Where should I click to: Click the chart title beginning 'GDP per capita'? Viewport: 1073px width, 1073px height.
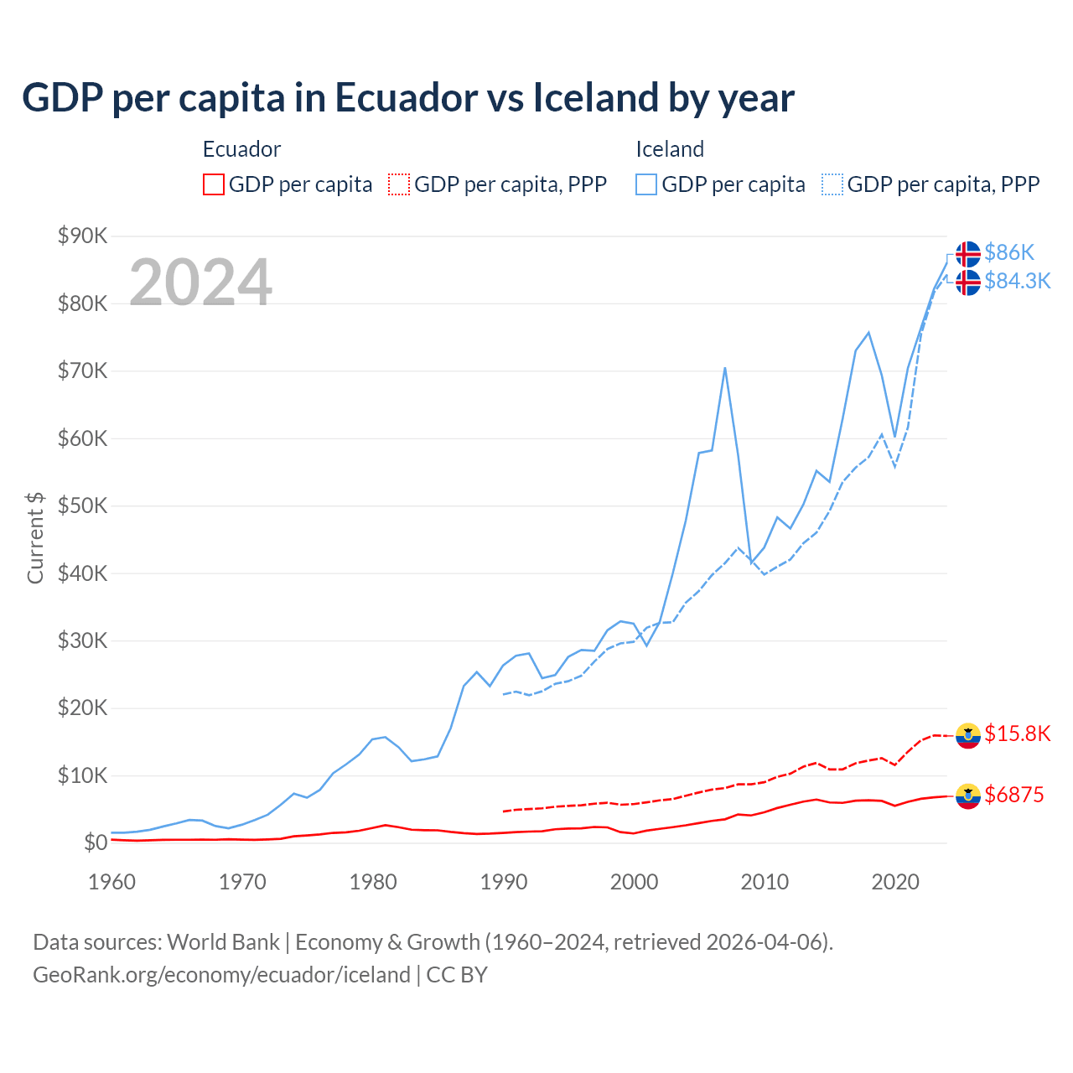coord(407,98)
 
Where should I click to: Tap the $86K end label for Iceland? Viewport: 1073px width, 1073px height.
coord(1009,252)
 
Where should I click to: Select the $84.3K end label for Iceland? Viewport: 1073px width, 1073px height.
coord(1017,281)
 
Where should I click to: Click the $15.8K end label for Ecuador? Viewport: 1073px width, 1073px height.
coord(1017,734)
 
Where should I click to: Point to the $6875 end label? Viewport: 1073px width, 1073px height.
coord(1013,795)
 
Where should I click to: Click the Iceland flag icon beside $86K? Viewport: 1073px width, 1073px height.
coord(968,253)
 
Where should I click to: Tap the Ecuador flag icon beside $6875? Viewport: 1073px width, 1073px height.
coord(968,796)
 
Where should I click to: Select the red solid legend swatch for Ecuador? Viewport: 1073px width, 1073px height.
coord(214,184)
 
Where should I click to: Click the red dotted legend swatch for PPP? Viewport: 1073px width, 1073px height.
coord(399,184)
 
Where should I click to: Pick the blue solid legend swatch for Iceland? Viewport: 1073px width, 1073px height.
coord(646,184)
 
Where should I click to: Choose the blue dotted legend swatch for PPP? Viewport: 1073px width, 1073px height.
coord(832,184)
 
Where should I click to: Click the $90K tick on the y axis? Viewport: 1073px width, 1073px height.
coord(82,236)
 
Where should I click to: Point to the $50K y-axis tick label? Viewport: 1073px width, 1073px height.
coord(82,506)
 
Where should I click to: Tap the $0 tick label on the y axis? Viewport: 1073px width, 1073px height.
coord(95,843)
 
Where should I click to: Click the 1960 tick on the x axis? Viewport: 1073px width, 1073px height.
coord(111,882)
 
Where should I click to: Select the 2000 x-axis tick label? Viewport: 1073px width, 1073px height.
coord(634,882)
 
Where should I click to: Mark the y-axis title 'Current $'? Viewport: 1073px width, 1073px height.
coord(35,538)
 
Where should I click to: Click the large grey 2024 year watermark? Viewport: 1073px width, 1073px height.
coord(200,283)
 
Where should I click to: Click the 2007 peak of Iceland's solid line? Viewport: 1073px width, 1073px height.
coord(724,368)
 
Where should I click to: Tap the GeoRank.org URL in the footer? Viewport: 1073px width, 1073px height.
coord(221,975)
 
